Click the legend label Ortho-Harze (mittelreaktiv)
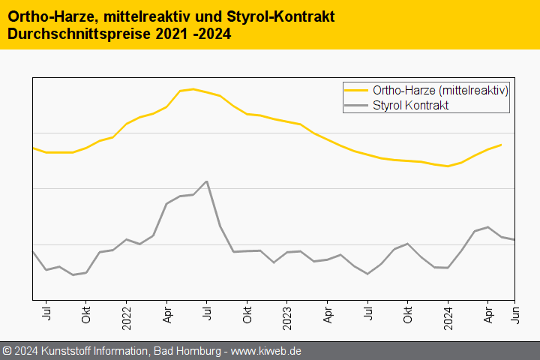click(x=441, y=90)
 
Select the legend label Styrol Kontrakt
click(x=410, y=106)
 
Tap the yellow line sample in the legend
click(x=356, y=90)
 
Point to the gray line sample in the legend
click(x=356, y=106)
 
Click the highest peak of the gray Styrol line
click(x=206, y=181)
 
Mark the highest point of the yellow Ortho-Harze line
click(x=193, y=89)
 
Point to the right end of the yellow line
click(x=501, y=145)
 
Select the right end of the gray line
click(x=514, y=239)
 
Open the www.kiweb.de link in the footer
click(x=266, y=351)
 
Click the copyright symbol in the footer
click(x=7, y=351)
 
